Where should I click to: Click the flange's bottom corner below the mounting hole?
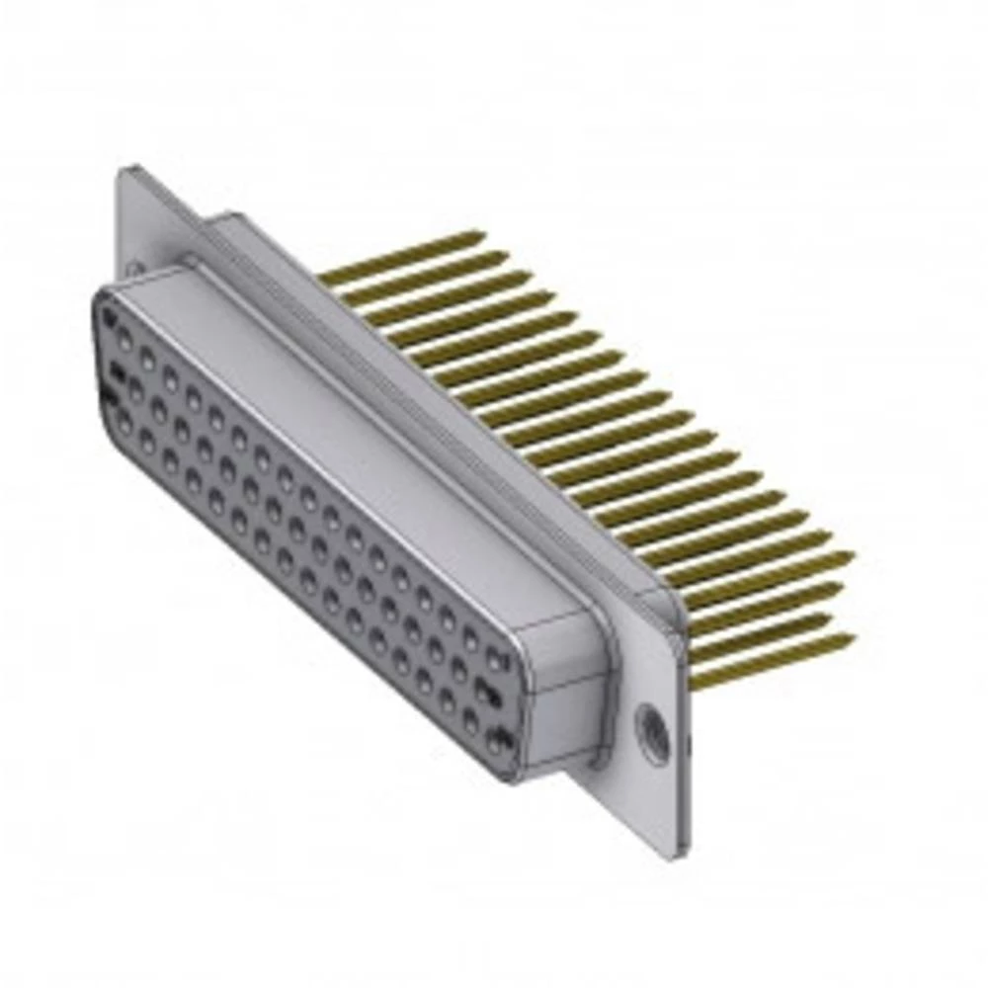(682, 845)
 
